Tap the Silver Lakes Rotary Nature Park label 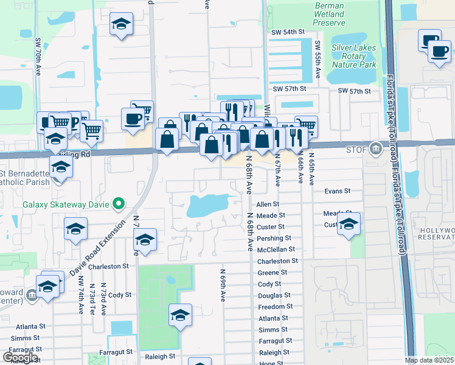354,56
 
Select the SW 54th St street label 288,32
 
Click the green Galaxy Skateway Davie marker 120,204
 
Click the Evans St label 338,190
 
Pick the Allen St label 267,204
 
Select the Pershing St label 274,238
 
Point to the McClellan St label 276,249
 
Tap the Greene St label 272,273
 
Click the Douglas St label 274,295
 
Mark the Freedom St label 276,307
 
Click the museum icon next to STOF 377,148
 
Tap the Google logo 21,357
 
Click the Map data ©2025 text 429,360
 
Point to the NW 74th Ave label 81,295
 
